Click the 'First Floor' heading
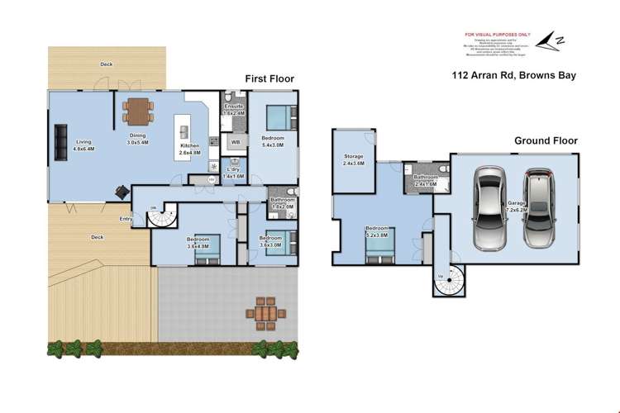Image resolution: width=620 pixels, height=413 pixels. (269, 78)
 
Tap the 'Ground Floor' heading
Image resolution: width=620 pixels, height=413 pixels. (546, 140)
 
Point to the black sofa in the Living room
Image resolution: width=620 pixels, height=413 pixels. (60, 141)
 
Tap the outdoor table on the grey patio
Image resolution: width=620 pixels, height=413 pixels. (266, 315)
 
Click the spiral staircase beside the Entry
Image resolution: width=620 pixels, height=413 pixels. (161, 217)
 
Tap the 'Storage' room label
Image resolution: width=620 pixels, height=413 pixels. (355, 159)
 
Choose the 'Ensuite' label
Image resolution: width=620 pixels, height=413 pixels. (234, 107)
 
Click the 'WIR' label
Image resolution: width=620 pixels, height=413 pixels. (235, 142)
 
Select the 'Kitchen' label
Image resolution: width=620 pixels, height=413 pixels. (190, 146)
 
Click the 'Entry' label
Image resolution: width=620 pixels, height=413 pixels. (126, 219)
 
